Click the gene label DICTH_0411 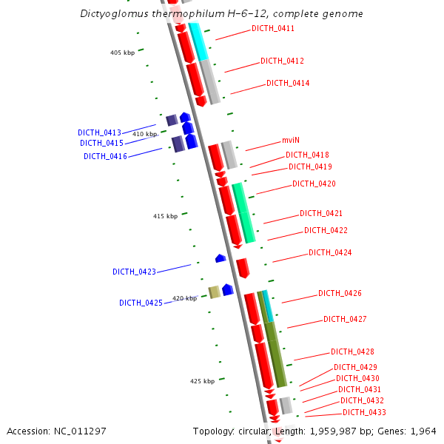tap(273, 28)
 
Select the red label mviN tap(290, 140)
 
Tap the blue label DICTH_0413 tap(99, 132)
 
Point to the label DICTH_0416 tap(105, 156)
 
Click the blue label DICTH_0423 tap(134, 272)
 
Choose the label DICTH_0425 tap(141, 303)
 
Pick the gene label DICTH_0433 tap(364, 412)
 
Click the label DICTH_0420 tap(314, 184)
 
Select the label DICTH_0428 tap(352, 351)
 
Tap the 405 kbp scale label tap(122, 53)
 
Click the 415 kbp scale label tap(165, 216)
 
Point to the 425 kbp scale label tap(202, 381)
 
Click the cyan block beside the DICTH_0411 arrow tap(198, 41)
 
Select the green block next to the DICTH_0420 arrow tap(243, 213)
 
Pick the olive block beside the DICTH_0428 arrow tap(275, 354)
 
